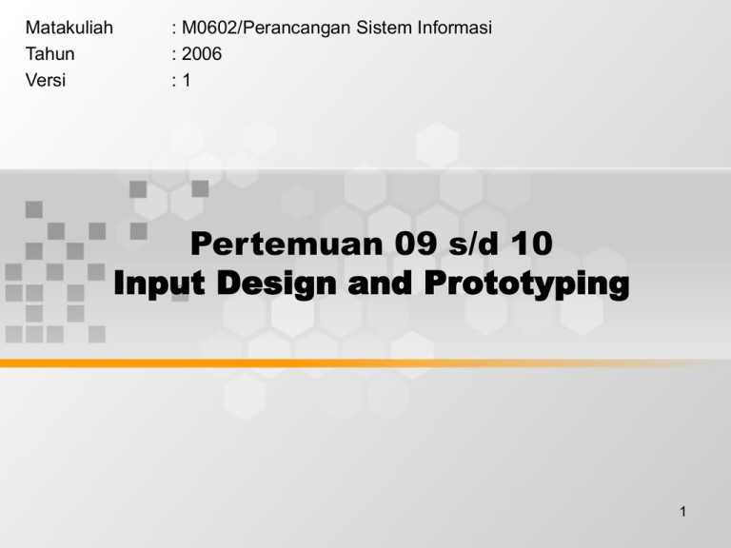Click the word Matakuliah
[69, 29]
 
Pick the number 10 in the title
[531, 245]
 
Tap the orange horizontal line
[365, 362]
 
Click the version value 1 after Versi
[187, 80]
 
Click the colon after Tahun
[168, 55]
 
